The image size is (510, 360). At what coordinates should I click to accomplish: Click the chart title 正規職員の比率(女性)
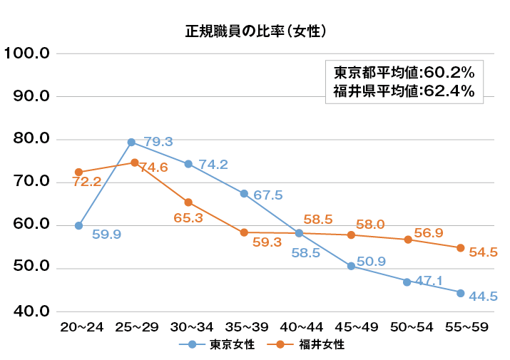[x=255, y=31]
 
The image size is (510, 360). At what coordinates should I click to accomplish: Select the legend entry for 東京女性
[x=222, y=344]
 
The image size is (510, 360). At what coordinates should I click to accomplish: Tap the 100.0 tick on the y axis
[x=26, y=53]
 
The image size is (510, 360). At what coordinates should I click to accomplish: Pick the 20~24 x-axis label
[x=81, y=327]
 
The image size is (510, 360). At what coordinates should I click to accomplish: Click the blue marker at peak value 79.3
[x=131, y=142]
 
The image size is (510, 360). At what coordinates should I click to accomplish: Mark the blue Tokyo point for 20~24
[x=78, y=225]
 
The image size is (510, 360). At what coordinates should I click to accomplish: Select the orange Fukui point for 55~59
[x=461, y=248]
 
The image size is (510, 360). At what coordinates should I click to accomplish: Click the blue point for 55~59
[x=461, y=293]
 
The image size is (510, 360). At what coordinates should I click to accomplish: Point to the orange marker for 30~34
[x=188, y=202]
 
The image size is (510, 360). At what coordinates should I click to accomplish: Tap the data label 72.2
[x=87, y=182]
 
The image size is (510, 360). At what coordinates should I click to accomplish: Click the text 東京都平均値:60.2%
[x=404, y=73]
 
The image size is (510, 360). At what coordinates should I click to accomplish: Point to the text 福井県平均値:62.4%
[x=404, y=91]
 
